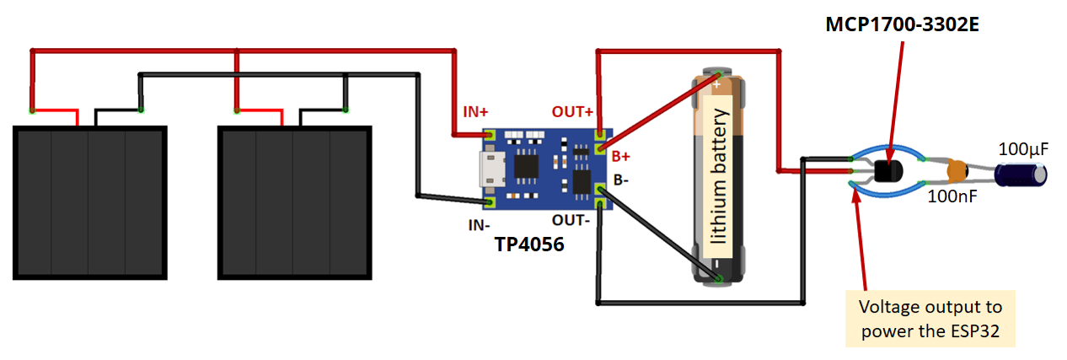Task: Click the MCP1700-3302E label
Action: pos(901,24)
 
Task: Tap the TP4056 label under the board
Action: pos(530,245)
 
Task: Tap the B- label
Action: pos(622,180)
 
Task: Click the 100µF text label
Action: pos(1023,149)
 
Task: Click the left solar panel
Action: pos(89,202)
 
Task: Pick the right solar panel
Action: pos(294,202)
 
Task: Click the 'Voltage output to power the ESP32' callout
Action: pos(929,318)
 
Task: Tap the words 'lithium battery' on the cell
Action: pos(718,176)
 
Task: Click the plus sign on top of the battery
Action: pos(716,84)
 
